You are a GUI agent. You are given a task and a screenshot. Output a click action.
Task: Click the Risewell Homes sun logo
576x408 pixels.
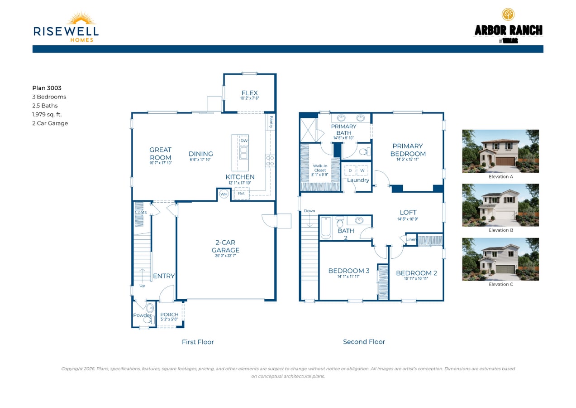(81, 19)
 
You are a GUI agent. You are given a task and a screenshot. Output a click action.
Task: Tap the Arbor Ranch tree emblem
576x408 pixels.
(508, 15)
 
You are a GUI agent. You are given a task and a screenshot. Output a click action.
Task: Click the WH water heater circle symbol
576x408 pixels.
(224, 194)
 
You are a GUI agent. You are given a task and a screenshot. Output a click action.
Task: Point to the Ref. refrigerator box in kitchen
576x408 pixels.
(242, 194)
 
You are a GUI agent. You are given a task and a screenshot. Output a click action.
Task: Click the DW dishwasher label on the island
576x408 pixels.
(244, 141)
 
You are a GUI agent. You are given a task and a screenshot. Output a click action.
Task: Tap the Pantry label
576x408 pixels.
(271, 122)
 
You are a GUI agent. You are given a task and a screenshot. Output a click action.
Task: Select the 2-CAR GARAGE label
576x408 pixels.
(225, 246)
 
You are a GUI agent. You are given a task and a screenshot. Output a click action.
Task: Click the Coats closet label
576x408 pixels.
(141, 212)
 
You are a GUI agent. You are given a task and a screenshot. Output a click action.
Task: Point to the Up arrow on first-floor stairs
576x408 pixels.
(142, 275)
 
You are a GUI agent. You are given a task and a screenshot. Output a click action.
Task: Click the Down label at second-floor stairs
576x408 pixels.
(309, 211)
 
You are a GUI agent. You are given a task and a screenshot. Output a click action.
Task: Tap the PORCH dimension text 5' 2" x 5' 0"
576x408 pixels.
(170, 320)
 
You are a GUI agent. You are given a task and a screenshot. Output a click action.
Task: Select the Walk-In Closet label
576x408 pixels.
(319, 168)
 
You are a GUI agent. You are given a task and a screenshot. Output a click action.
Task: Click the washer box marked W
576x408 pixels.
(362, 170)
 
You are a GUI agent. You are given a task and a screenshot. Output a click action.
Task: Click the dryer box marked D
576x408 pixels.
(350, 170)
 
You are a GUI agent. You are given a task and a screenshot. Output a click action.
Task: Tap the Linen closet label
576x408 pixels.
(411, 239)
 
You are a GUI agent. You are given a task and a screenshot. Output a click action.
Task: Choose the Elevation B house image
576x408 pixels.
(500, 205)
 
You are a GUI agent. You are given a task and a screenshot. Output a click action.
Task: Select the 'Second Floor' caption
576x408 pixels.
(364, 342)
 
